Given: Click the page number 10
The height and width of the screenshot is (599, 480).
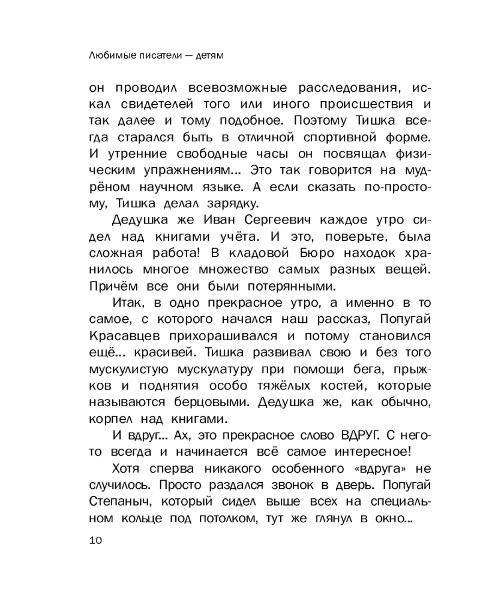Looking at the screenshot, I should [x=96, y=540].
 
